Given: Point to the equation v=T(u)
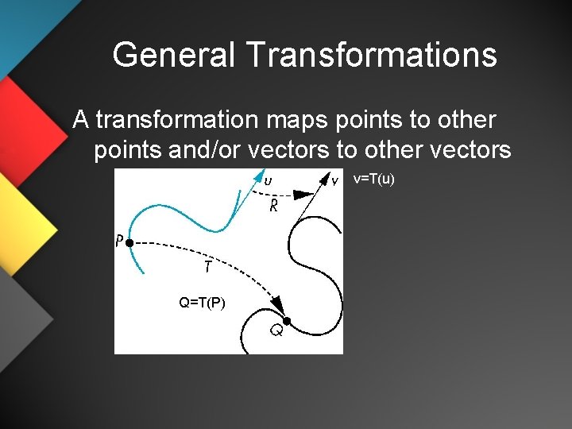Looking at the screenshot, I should pos(373,180).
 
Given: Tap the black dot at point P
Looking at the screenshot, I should pos(129,241).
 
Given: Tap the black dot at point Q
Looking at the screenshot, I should pos(288,320).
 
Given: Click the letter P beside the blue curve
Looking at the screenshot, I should pos(119,241).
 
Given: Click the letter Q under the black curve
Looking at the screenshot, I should pos(276,330).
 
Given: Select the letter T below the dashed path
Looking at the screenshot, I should pos(207,268).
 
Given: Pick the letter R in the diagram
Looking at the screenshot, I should pos(272,208).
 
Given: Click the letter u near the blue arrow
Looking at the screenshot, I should pos(268,180).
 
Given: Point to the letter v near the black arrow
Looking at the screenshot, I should pos(334,181).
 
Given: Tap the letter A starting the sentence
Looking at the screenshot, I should pos(79,120).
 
